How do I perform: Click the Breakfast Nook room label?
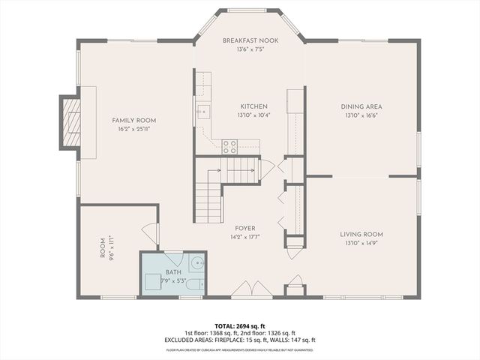tap(250, 40)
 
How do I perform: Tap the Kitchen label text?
tap(253, 106)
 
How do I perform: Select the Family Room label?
tap(134, 120)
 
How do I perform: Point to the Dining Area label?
tap(361, 106)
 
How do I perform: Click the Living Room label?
tap(361, 234)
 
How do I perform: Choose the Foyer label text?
tap(245, 228)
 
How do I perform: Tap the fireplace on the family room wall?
tap(72, 122)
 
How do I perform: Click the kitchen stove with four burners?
tap(229, 146)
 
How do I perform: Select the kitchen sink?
tap(202, 113)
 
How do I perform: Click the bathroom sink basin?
tap(196, 263)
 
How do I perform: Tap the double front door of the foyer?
tap(251, 289)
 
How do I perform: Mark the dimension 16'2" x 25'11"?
tap(134, 129)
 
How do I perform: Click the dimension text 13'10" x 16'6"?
tap(361, 115)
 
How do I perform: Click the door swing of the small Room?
tap(151, 233)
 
